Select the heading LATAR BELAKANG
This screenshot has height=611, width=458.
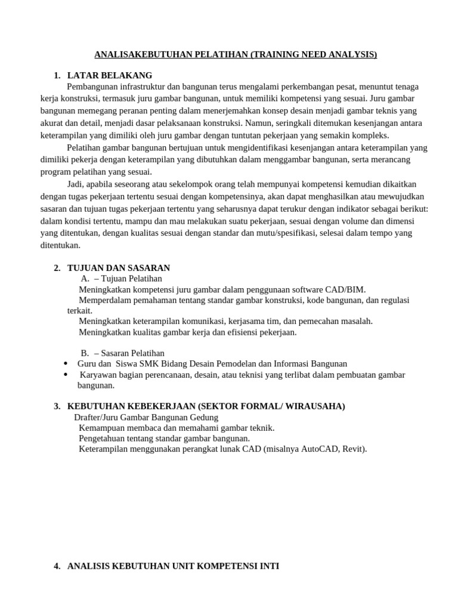point(110,75)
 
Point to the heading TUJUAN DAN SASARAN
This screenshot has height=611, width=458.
point(119,268)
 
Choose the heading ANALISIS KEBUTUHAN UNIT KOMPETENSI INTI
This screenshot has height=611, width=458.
point(173,566)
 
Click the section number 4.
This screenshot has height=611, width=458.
point(57,566)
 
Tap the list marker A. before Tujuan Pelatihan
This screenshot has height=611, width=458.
point(85,279)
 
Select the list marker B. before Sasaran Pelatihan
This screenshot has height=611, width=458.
point(85,353)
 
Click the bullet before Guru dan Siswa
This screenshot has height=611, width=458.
point(64,363)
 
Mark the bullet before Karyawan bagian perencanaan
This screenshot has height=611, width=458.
point(64,375)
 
